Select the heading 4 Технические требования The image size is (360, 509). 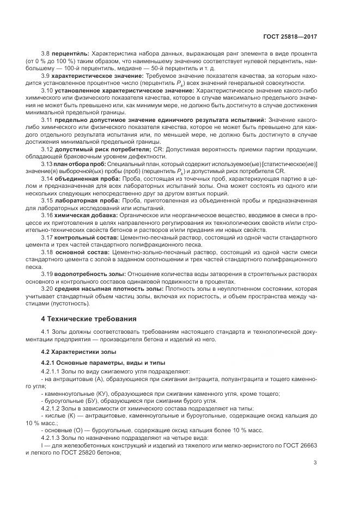click(x=89, y=318)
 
